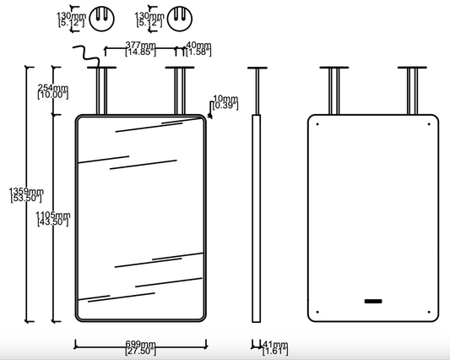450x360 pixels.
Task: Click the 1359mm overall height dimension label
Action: (x=26, y=194)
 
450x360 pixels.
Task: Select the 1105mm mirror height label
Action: (x=53, y=218)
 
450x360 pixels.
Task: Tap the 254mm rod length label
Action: (x=53, y=91)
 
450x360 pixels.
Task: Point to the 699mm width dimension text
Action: (x=141, y=347)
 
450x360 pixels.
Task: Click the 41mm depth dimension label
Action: (x=275, y=347)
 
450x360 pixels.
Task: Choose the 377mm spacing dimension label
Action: (x=141, y=48)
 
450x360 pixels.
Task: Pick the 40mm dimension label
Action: (x=198, y=48)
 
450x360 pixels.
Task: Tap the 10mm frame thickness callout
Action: (x=225, y=102)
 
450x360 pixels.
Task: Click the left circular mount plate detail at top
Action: (x=102, y=19)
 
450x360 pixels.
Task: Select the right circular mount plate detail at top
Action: (x=180, y=19)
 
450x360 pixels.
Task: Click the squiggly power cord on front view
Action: (x=86, y=57)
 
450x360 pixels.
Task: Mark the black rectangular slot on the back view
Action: (x=373, y=301)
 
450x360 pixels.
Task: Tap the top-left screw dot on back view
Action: (x=317, y=124)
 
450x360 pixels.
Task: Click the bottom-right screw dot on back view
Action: (x=429, y=312)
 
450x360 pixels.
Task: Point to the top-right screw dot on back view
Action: (x=429, y=124)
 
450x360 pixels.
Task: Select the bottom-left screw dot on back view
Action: (x=317, y=312)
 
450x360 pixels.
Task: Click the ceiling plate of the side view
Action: (x=258, y=68)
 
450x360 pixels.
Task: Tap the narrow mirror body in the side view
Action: (x=257, y=218)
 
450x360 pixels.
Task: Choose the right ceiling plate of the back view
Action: (x=412, y=68)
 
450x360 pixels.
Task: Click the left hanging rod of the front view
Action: (x=102, y=91)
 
